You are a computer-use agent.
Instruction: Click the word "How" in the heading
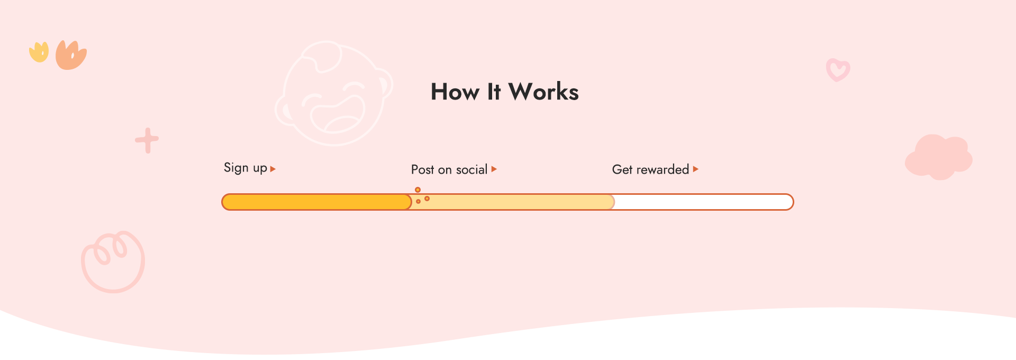455,92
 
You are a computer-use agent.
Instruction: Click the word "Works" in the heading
543,92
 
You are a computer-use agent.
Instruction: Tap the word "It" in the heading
494,92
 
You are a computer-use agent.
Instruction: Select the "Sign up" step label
246,168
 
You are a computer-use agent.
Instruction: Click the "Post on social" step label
449,169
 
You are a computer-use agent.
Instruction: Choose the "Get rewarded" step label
650,169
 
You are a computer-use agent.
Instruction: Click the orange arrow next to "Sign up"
273,169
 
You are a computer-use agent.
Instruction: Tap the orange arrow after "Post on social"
494,169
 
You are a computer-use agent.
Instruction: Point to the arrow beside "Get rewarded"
696,169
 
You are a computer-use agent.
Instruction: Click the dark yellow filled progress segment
316,202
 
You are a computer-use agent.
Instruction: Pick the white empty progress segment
704,202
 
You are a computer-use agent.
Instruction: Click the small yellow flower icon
39,52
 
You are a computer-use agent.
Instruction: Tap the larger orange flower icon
70,56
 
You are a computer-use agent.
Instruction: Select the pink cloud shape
939,157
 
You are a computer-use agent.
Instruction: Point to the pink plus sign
147,140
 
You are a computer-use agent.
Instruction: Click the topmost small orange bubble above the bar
418,190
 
